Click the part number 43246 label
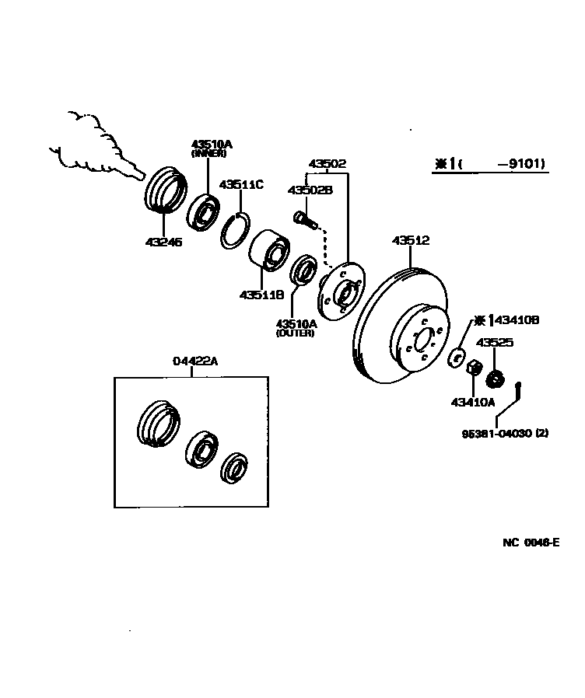tap(163, 242)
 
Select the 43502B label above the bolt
tap(310, 190)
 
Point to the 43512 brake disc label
tap(410, 241)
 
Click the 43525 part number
tap(495, 342)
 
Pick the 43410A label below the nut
tap(472, 402)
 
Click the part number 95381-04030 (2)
tap(503, 434)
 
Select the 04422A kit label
tap(195, 361)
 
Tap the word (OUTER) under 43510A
tap(295, 333)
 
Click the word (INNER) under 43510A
tap(208, 154)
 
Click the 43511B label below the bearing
tap(261, 295)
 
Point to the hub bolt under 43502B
tap(304, 220)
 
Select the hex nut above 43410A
tap(471, 368)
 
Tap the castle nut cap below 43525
tap(492, 380)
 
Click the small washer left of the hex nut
tap(456, 358)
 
